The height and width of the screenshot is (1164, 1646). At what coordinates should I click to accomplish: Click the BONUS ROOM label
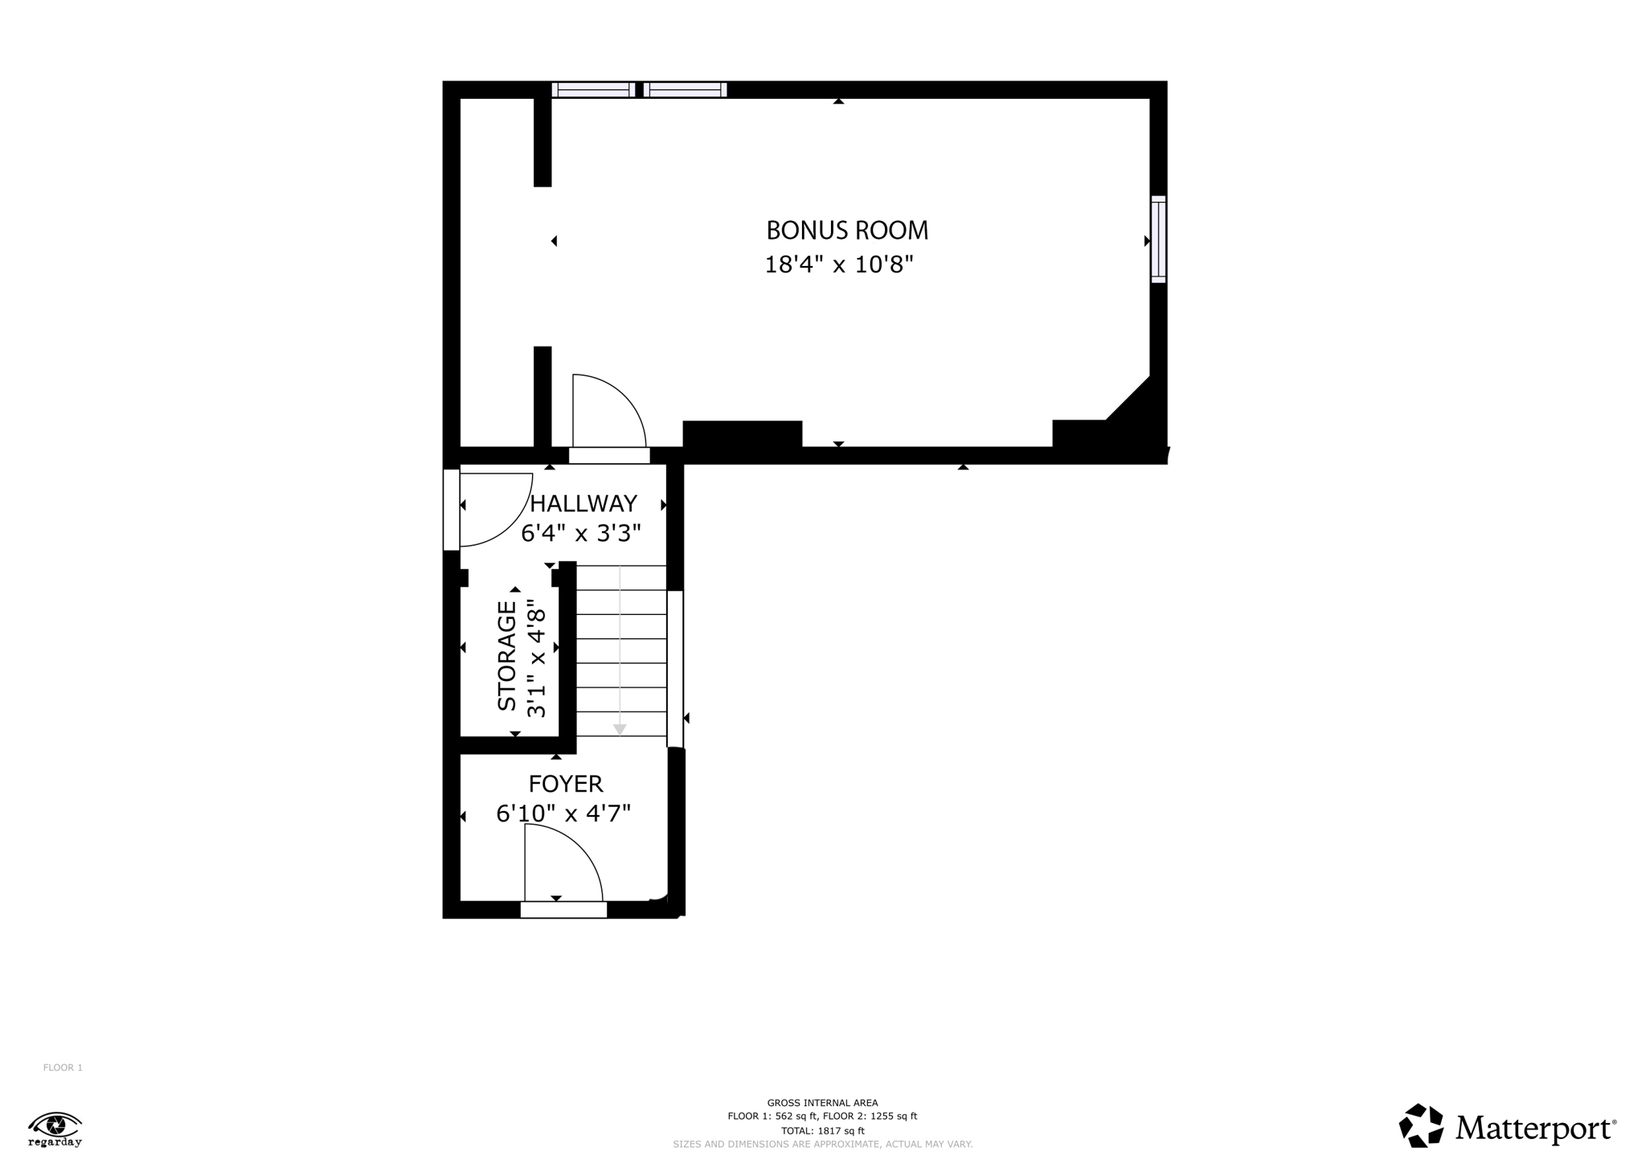tap(847, 231)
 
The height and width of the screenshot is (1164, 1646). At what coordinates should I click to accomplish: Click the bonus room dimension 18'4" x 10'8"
tap(839, 264)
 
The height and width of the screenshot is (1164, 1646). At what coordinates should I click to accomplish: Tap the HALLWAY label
tap(583, 503)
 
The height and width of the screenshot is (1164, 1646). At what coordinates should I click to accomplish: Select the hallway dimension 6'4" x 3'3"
tap(581, 533)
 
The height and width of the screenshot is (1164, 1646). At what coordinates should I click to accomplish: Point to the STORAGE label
tap(507, 656)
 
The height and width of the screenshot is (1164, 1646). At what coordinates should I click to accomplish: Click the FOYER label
tap(566, 784)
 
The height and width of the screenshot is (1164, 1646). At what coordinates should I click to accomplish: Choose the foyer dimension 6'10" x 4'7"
tap(563, 814)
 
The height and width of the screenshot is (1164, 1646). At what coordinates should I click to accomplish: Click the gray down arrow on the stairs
tap(620, 728)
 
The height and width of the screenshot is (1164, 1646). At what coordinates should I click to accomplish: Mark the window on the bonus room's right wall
tap(1158, 239)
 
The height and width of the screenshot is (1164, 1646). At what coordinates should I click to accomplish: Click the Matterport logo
tap(1507, 1127)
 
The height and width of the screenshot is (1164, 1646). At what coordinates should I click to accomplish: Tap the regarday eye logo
tap(55, 1128)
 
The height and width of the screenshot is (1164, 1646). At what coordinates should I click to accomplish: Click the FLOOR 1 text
tap(63, 1068)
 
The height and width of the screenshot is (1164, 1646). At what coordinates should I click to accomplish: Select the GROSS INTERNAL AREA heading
tap(822, 1103)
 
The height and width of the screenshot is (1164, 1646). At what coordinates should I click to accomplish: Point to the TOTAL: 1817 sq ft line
tap(822, 1130)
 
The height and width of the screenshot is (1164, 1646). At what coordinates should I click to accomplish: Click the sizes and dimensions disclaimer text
tap(822, 1144)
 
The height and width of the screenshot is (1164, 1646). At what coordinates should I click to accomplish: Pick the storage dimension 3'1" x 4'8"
tap(536, 658)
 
